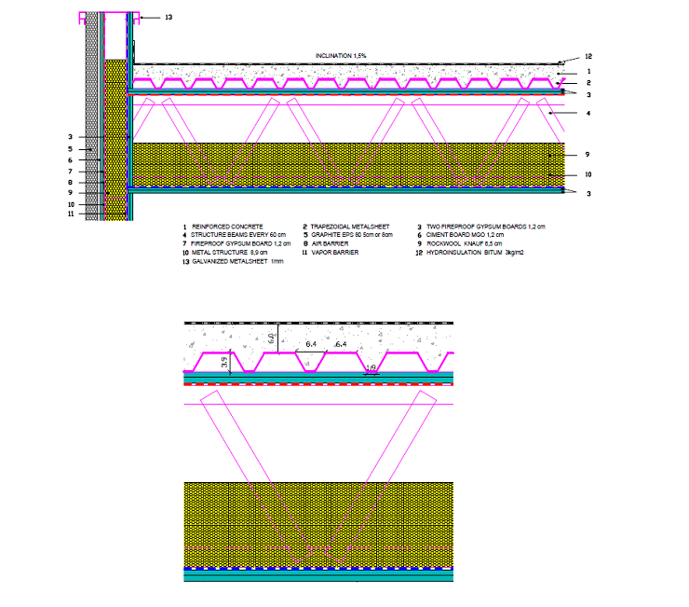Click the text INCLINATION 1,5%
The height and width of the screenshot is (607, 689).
pos(340,57)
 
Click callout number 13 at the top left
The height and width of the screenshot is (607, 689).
pos(168,18)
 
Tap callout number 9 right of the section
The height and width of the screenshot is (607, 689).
pos(588,155)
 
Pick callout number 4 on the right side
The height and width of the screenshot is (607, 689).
pos(588,114)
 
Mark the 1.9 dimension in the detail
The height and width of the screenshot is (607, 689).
pos(370,368)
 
